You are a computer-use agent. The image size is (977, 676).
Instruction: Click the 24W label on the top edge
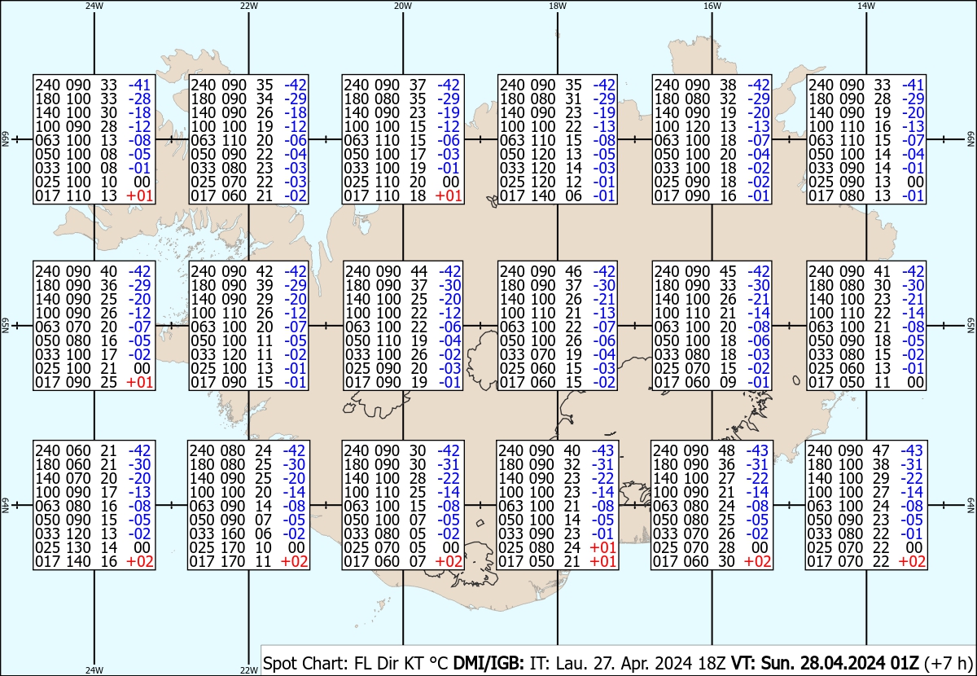[x=94, y=5]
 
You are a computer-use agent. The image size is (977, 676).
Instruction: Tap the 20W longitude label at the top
[x=402, y=5]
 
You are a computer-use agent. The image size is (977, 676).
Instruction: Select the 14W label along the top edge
[x=865, y=5]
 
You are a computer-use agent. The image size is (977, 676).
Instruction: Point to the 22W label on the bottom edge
[x=249, y=670]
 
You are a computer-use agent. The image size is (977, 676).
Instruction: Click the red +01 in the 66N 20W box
[x=449, y=195]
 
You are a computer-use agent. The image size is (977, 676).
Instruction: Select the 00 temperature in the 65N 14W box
[x=915, y=382]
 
